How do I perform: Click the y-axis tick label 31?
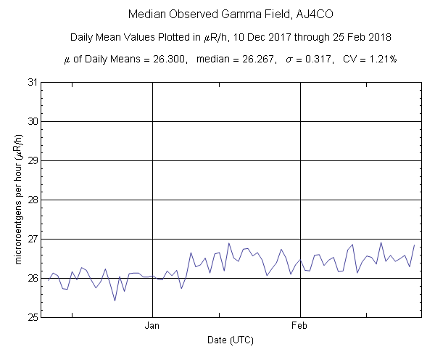(33, 82)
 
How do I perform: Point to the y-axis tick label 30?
(33, 121)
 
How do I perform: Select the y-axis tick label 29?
(33, 160)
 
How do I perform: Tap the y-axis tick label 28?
(33, 200)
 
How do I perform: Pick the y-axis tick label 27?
(33, 239)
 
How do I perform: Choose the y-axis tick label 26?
(33, 278)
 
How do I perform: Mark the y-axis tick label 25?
(33, 317)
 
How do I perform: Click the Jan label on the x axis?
(152, 327)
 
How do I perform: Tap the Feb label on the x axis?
(300, 327)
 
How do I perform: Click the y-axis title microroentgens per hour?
(16, 200)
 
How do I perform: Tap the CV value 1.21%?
(381, 58)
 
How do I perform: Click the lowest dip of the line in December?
(115, 300)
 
